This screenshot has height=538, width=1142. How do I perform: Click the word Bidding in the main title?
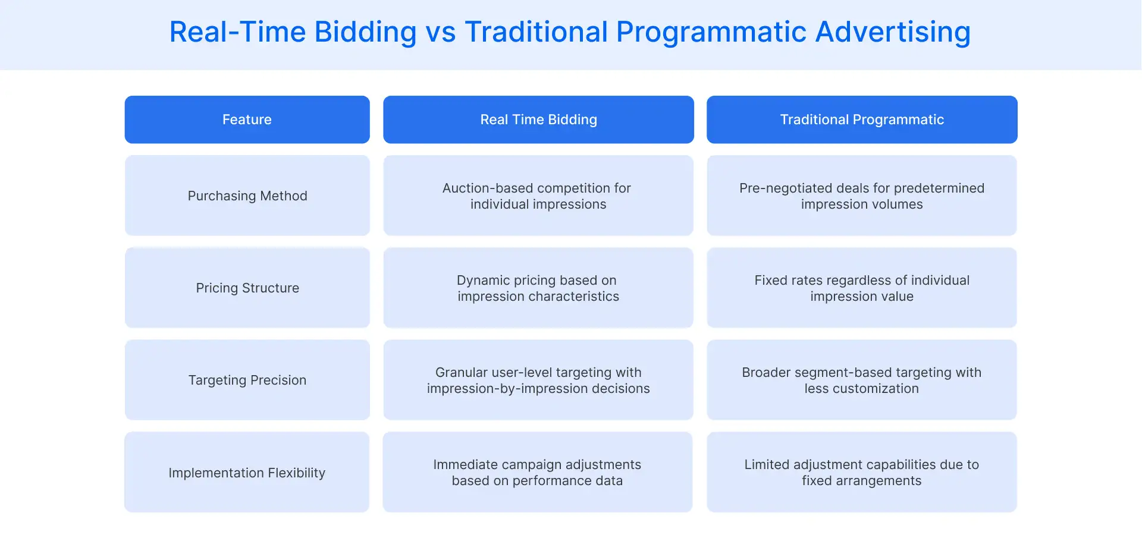[365, 32]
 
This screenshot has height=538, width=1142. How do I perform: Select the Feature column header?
[247, 119]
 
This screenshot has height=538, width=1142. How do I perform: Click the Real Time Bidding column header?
[538, 119]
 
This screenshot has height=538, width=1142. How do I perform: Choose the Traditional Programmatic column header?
[862, 119]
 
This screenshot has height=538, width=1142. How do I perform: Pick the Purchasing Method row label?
[247, 196]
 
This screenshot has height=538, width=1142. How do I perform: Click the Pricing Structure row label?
[247, 288]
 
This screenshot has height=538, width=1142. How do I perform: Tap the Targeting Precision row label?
[247, 380]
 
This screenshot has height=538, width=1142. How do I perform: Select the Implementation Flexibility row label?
[247, 473]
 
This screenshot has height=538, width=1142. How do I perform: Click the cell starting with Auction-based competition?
[538, 196]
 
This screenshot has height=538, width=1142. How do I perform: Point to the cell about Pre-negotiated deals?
[862, 196]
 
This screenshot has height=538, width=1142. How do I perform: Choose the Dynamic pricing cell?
[538, 288]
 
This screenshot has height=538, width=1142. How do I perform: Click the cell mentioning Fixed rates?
[862, 288]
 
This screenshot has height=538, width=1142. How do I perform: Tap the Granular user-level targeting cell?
[538, 380]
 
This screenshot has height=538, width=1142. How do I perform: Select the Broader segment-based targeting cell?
[862, 380]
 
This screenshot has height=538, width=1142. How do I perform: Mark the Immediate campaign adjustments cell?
[537, 473]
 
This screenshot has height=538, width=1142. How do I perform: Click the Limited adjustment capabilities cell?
[862, 473]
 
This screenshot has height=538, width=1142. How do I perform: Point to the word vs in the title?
[440, 32]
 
